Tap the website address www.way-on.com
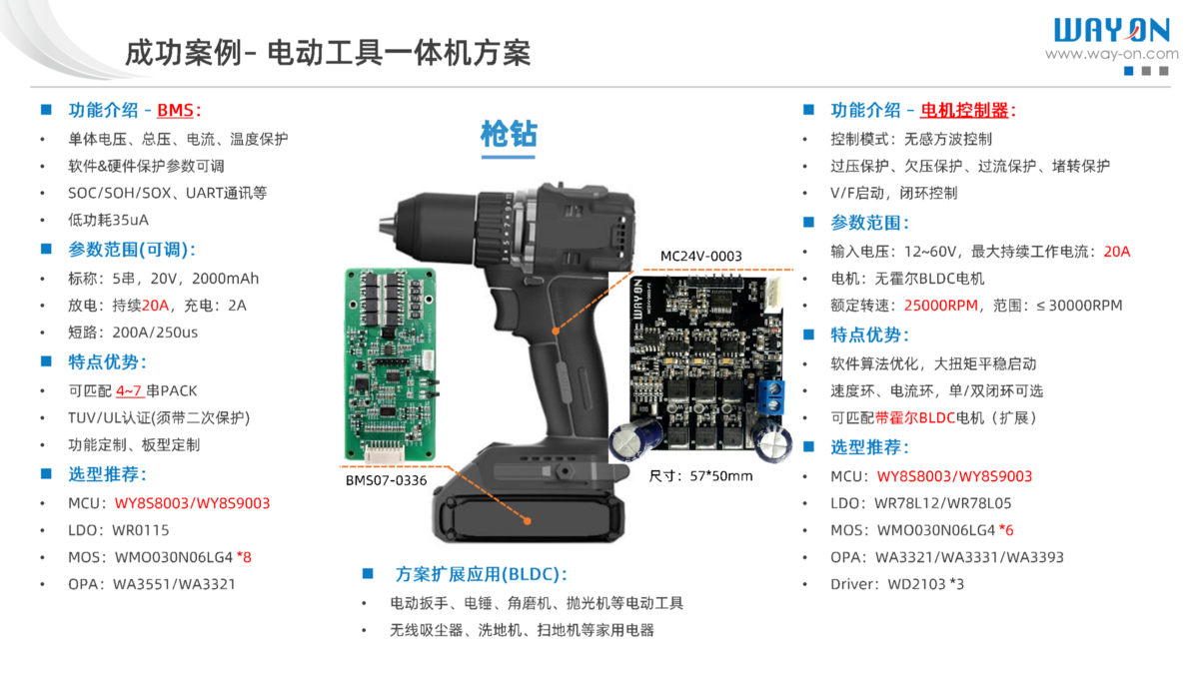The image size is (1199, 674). tap(1112, 54)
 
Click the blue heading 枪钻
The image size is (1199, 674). tap(509, 134)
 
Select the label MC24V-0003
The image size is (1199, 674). tap(700, 257)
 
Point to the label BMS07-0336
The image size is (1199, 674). tap(386, 480)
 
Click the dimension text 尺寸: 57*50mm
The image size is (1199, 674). tap(700, 475)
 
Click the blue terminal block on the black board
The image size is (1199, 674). tap(771, 397)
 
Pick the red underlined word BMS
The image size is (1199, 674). tap(175, 110)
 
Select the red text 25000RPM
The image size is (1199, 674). tap(941, 306)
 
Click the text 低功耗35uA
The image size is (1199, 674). tap(108, 220)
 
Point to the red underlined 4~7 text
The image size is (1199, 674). tap(129, 391)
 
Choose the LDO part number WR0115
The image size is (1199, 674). tap(140, 530)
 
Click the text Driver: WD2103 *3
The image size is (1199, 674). tap(897, 584)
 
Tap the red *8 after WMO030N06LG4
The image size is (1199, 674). tap(244, 557)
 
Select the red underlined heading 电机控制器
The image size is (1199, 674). tap(964, 110)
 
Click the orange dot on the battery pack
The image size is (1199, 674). tap(528, 520)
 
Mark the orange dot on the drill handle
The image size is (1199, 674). tap(556, 332)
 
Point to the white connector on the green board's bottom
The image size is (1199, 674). tap(384, 453)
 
